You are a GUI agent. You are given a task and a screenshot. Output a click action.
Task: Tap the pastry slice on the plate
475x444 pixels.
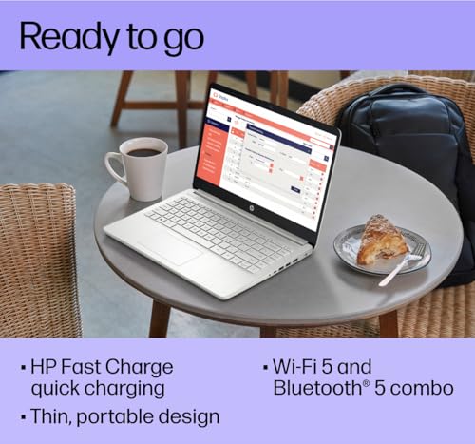tap(382, 240)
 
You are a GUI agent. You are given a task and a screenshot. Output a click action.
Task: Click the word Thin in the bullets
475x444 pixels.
tap(52, 415)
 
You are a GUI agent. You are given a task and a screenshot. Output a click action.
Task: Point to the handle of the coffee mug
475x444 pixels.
tap(114, 166)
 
